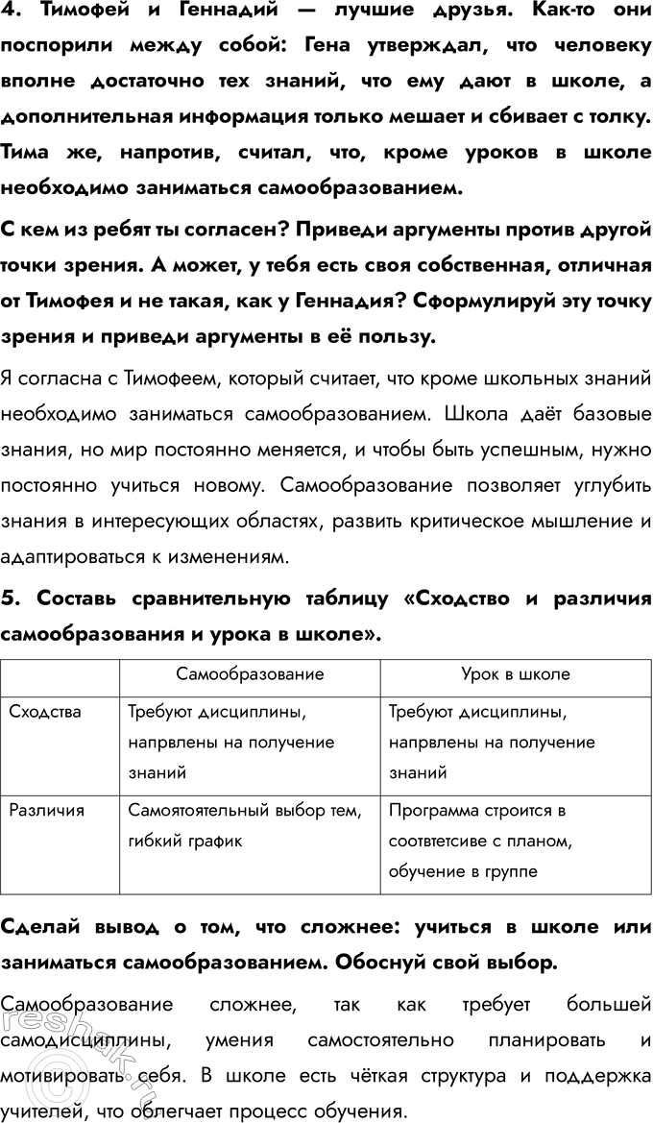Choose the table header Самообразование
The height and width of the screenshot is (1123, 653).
click(250, 674)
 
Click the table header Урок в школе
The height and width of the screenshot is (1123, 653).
click(516, 674)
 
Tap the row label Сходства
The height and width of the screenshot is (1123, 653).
click(45, 712)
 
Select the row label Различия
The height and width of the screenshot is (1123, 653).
click(47, 810)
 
